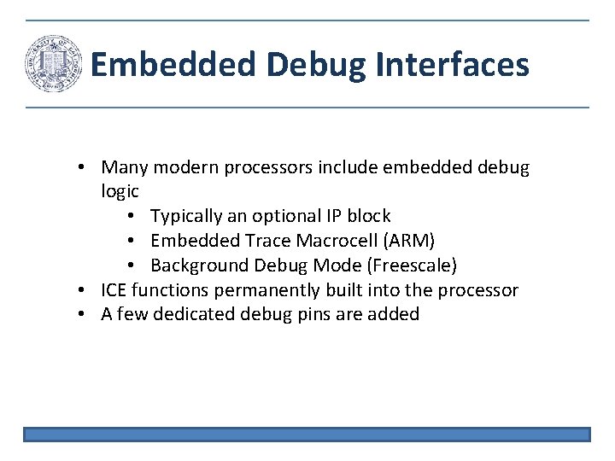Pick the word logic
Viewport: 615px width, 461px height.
[120, 192]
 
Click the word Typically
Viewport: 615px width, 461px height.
[186, 217]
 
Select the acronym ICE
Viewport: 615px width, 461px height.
[115, 290]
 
